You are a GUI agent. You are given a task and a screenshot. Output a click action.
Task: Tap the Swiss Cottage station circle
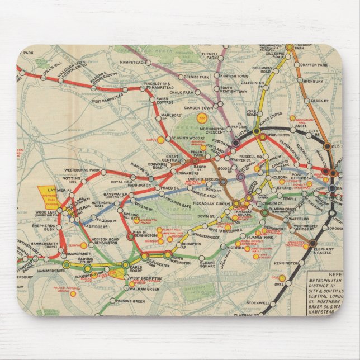click(x=153, y=100)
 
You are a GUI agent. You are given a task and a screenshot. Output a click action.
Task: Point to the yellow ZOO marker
click(x=201, y=118)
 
